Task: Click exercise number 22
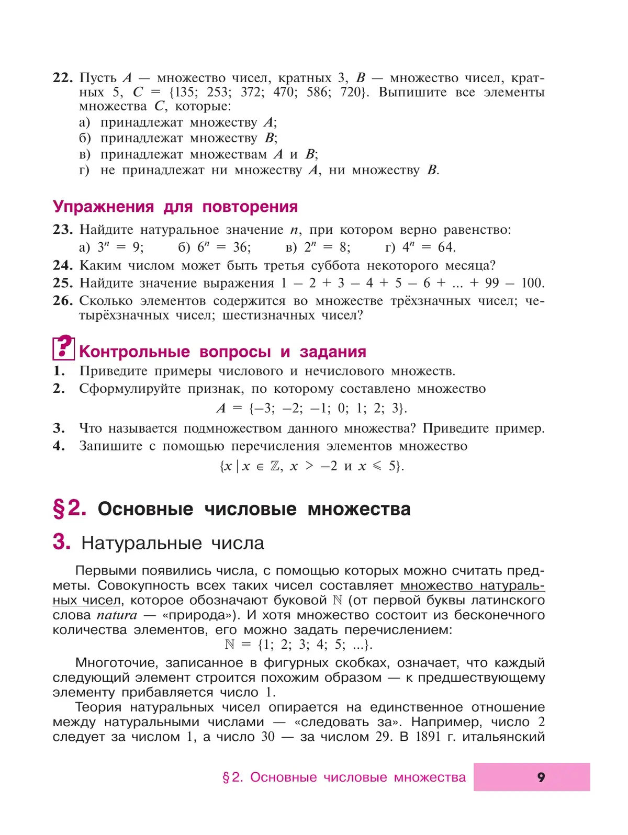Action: pos(62,78)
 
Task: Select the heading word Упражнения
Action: pos(103,207)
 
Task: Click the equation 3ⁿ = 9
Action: pos(120,247)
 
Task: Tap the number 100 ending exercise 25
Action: pos(532,283)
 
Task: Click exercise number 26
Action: pos(62,301)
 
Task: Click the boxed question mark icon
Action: pos(63,347)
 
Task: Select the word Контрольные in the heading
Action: pos(134,352)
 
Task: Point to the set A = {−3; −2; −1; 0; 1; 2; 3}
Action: pos(311,408)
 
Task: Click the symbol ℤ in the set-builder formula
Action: pos(275,466)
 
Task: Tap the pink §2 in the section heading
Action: pos(70,509)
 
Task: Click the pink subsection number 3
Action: pos(61,543)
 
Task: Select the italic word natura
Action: pos(117,615)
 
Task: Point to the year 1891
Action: pos(428,737)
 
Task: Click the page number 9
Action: pos(541,777)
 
